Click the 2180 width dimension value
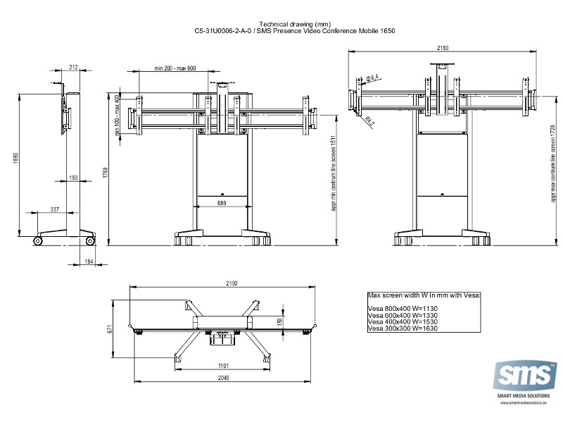tap(443, 48)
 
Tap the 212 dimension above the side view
tap(73, 68)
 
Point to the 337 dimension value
tap(55, 209)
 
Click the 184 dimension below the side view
tap(89, 262)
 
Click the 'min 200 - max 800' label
tap(175, 68)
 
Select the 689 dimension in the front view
tap(222, 203)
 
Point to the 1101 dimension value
tap(223, 365)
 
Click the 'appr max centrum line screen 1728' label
tap(554, 164)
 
